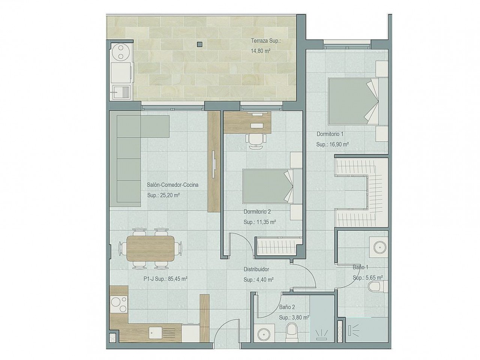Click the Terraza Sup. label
pos(265,41)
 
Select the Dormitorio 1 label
pos(330,133)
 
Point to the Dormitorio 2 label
pos(257,211)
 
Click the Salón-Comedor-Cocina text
pos(173,184)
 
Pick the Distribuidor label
pos(256,269)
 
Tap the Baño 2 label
pos(286,307)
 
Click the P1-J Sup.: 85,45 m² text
pos(165,279)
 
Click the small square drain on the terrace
pos(199,44)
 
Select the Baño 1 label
pos(360,268)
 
